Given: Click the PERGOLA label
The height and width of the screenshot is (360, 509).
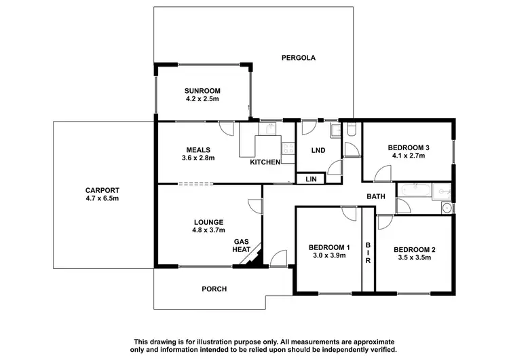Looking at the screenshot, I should coord(299,58).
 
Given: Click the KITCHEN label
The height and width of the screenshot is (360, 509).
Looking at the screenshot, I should coord(265,162).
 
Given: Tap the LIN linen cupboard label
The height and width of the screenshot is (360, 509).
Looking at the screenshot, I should coord(312,179).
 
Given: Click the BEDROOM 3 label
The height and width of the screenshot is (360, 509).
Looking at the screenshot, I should coord(409,147).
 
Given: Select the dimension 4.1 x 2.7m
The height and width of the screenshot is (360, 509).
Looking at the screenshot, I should coord(409,156).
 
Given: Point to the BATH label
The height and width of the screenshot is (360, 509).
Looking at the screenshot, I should coord(376,197).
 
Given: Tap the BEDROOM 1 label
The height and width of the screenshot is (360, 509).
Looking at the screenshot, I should coord(328,247).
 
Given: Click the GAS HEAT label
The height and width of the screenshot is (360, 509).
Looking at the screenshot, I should coord(242,245).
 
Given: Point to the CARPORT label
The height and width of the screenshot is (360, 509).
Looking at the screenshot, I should coord(102,190).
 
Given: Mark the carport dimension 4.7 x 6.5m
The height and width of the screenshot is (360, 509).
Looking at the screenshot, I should coord(102,198).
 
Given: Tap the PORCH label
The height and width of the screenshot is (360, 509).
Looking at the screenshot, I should coord(214,289).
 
